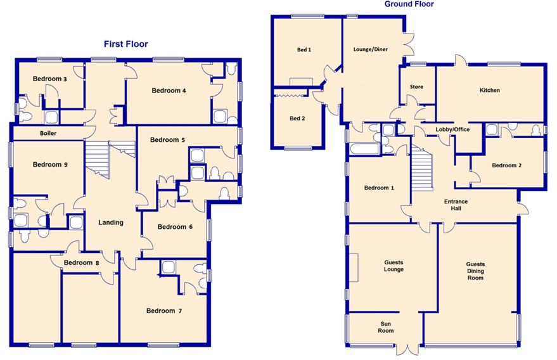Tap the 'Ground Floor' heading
click(409, 4)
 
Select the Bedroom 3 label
click(50, 79)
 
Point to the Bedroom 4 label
click(169, 91)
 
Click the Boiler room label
click(48, 134)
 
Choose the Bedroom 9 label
click(50, 165)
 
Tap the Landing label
click(110, 222)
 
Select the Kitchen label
click(489, 91)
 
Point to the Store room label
click(416, 87)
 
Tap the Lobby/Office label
click(452, 130)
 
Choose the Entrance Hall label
click(456, 205)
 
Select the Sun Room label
click(386, 327)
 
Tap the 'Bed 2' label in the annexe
click(297, 119)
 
